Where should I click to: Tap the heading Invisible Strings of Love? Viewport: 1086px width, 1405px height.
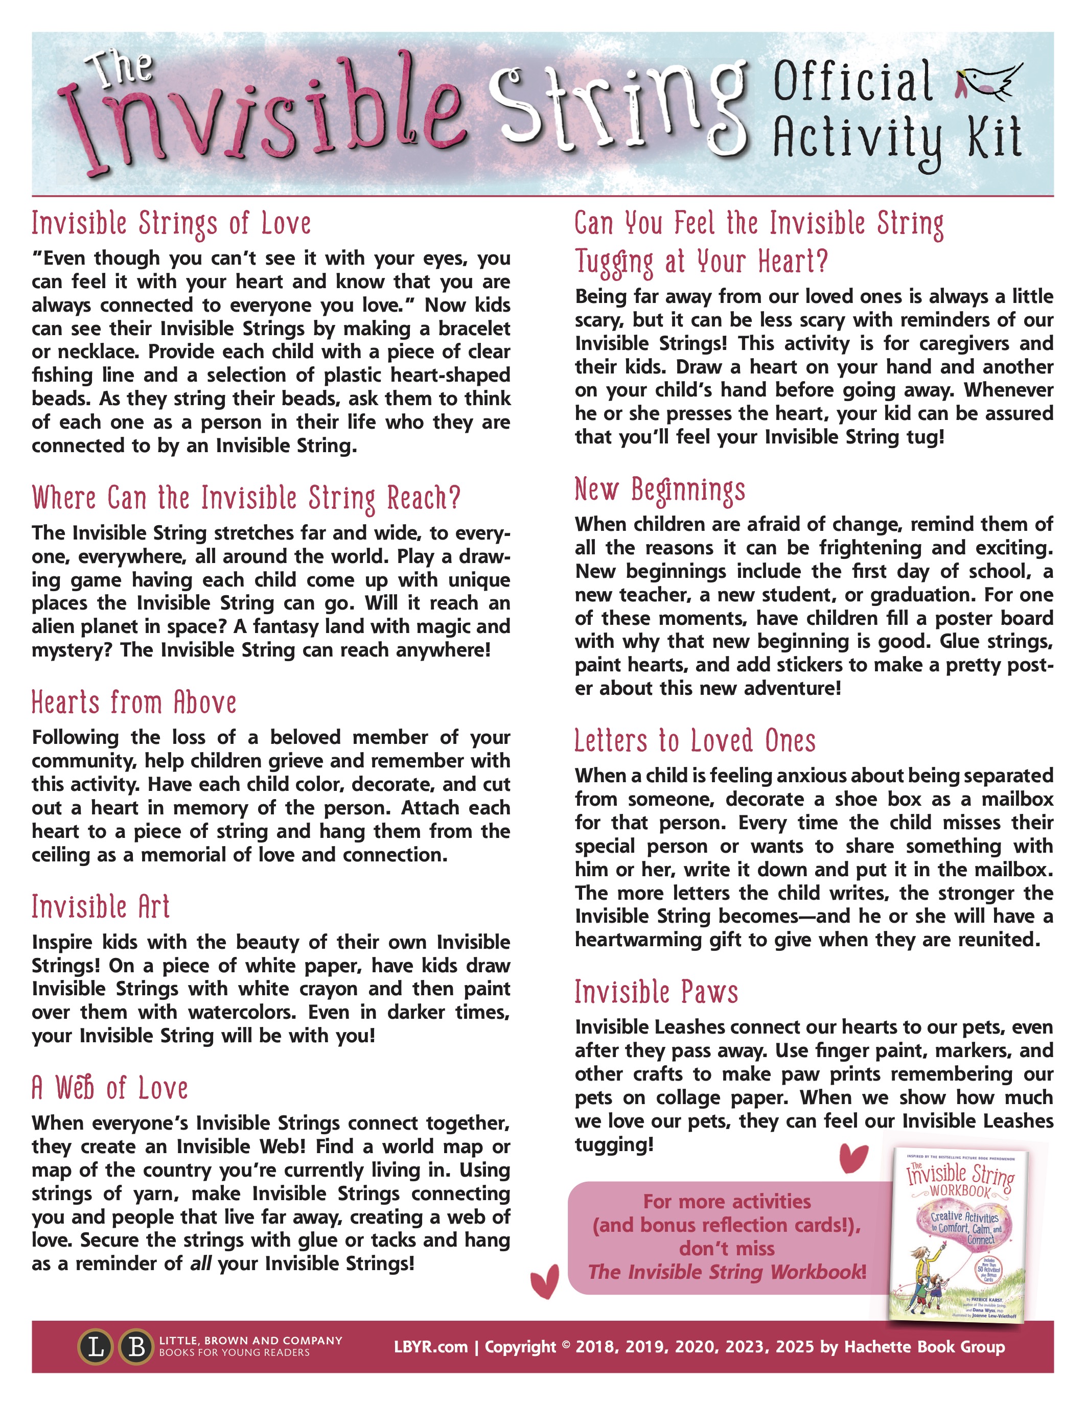point(171,224)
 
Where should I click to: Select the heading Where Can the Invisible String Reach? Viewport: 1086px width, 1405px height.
point(246,499)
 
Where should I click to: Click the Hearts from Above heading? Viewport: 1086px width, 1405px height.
point(134,702)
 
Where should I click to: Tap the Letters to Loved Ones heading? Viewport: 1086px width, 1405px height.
point(695,741)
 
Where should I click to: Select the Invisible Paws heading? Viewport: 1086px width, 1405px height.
point(656,992)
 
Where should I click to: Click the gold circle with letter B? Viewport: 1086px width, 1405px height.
point(136,1347)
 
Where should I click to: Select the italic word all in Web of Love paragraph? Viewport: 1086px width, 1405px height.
point(201,1263)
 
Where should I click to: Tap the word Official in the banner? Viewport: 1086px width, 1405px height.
point(853,82)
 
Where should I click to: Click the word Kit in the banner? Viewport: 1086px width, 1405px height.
point(994,138)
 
